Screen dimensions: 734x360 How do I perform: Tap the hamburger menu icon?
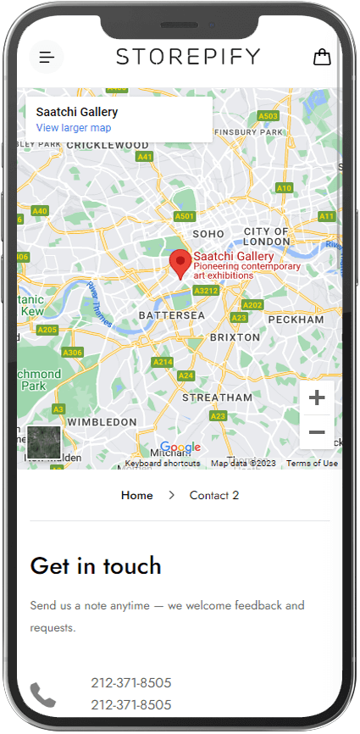pyautogui.click(x=47, y=58)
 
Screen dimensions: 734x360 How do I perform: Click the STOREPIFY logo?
pyautogui.click(x=188, y=57)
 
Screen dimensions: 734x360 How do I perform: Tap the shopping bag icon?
pyautogui.click(x=322, y=57)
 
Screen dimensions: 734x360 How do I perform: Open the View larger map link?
pyautogui.click(x=74, y=128)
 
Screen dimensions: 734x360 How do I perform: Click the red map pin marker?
pyautogui.click(x=180, y=264)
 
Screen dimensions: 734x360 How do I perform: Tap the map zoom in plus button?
pyautogui.click(x=317, y=398)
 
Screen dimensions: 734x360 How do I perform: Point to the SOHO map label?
pyautogui.click(x=208, y=233)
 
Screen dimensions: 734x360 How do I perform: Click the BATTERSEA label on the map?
pyautogui.click(x=172, y=315)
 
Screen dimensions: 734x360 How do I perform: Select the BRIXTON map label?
pyautogui.click(x=235, y=336)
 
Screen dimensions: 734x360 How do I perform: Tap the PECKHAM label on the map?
pyautogui.click(x=296, y=320)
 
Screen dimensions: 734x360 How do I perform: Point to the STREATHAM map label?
pyautogui.click(x=217, y=397)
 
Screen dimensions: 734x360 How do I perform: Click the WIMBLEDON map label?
pyautogui.click(x=102, y=421)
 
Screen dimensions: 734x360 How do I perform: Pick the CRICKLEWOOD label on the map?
pyautogui.click(x=107, y=145)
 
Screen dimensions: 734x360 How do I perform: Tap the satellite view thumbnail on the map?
pyautogui.click(x=44, y=442)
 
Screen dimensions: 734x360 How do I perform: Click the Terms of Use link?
pyautogui.click(x=312, y=464)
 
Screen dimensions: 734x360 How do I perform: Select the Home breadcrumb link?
pyautogui.click(x=137, y=495)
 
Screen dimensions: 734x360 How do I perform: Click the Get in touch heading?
pyautogui.click(x=96, y=565)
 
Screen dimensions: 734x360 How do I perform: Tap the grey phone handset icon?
pyautogui.click(x=42, y=695)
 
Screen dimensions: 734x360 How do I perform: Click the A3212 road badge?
pyautogui.click(x=206, y=291)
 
